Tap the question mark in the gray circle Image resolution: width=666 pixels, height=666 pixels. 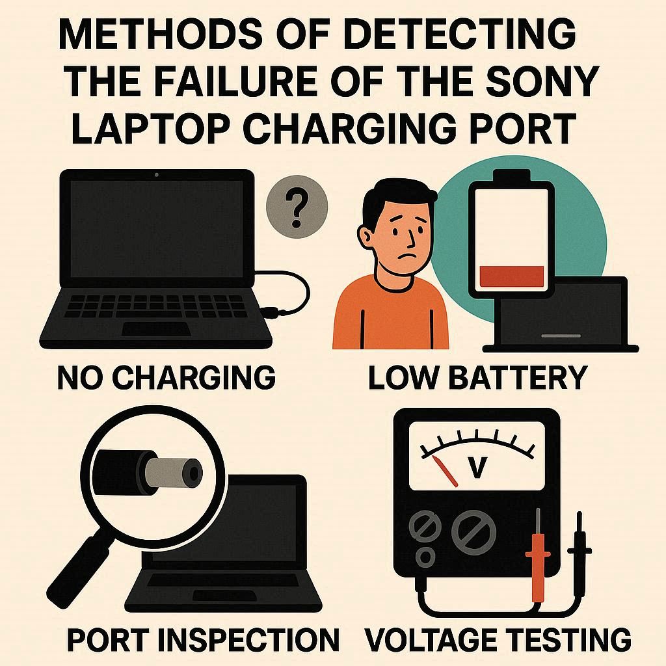coord(296,207)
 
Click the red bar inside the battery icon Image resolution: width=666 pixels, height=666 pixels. coord(511,276)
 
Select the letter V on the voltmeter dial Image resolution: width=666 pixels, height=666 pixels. coord(478,466)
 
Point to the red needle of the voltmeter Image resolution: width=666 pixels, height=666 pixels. coord(444,471)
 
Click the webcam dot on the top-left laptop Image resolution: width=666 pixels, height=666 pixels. coord(157,174)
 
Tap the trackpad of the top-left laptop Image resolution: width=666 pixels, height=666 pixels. coord(156,328)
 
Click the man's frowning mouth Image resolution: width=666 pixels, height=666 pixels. coord(403,258)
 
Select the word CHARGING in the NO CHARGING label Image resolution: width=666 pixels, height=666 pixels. coord(196,377)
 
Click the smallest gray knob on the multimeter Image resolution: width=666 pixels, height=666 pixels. coord(425,556)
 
